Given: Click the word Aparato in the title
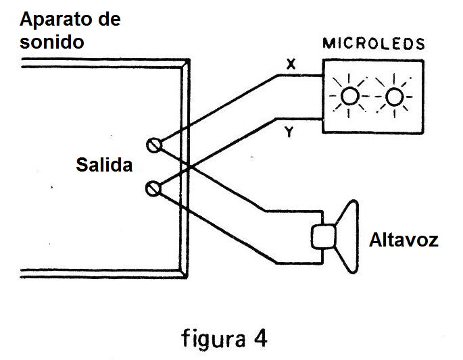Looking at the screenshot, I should click(x=53, y=20).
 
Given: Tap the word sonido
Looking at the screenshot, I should click(x=52, y=42).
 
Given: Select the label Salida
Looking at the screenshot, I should click(x=104, y=165).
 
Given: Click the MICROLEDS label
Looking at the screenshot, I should click(x=374, y=45).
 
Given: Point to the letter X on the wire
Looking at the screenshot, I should click(x=291, y=64).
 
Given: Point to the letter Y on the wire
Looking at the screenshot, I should click(x=289, y=133).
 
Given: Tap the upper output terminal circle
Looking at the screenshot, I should click(x=155, y=144).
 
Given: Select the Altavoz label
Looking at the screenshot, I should click(x=404, y=240).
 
